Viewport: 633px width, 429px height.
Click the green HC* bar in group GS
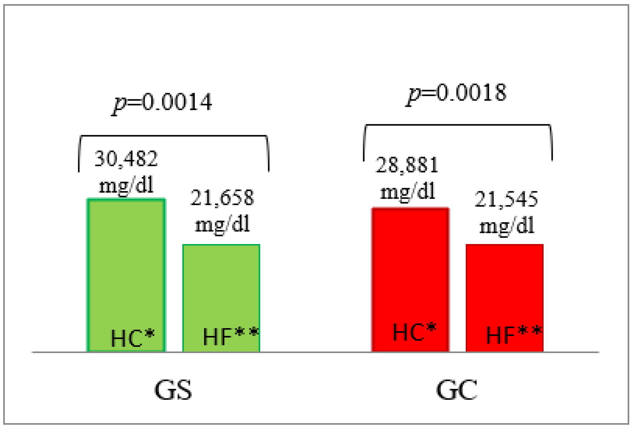[126, 265]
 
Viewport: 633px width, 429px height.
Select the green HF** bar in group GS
[221, 286]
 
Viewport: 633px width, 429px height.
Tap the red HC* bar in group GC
[410, 268]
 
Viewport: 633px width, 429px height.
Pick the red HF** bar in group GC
[504, 286]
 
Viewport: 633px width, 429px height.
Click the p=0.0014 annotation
[162, 102]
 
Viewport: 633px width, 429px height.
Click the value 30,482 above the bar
[126, 159]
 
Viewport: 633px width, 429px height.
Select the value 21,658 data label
[222, 198]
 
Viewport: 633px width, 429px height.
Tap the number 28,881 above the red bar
[407, 165]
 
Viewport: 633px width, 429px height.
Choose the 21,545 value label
[506, 199]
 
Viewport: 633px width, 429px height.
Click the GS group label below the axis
[173, 390]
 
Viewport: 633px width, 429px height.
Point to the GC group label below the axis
[456, 390]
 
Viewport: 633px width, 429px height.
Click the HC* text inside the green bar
[133, 338]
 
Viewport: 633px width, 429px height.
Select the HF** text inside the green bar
[230, 336]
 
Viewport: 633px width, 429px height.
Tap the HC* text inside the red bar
[414, 332]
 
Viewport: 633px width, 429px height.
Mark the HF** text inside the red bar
[514, 335]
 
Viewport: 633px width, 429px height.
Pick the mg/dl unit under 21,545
[507, 226]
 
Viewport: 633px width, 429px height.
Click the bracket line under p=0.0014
[173, 136]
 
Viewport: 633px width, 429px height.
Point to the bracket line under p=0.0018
[458, 125]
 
